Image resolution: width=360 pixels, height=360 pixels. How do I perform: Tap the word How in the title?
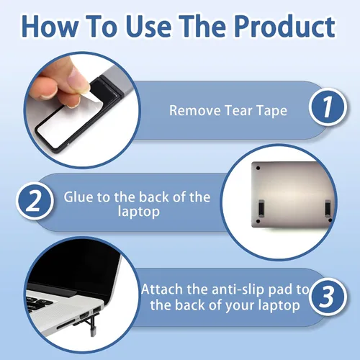pos(50,26)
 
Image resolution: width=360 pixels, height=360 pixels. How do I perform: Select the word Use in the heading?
pos(148,26)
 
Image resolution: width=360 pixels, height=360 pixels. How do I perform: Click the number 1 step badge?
pos(328,107)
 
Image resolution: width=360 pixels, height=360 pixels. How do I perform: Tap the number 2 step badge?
pos(35,201)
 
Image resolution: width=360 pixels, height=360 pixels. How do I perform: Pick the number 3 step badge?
pos(328,297)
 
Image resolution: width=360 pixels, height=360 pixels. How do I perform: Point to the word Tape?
pos(271,111)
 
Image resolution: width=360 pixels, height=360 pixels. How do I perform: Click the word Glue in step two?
pos(78,197)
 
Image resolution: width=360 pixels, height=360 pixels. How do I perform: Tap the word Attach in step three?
pos(162,289)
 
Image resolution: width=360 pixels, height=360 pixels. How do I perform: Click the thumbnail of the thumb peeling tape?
pos(81,109)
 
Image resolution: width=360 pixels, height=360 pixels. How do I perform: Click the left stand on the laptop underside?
pos(261,208)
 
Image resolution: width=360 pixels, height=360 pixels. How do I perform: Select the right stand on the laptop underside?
pos(328,208)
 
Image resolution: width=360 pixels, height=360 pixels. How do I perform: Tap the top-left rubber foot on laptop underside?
pos(258,168)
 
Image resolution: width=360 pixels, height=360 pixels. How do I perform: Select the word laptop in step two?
pos(139,212)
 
